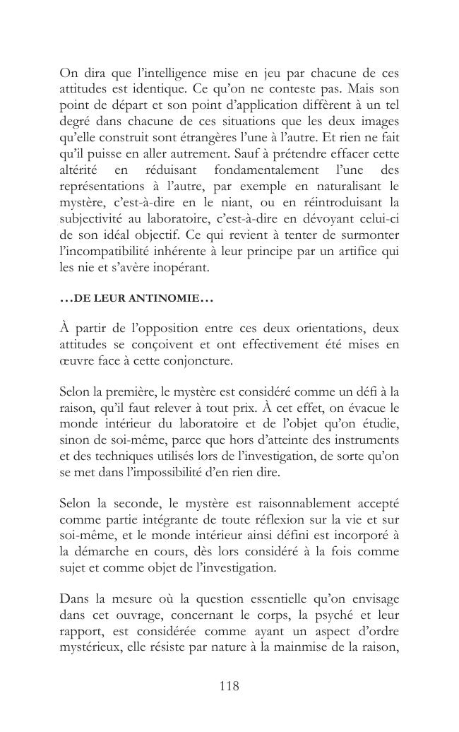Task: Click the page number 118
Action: click(229, 685)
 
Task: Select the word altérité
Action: click(81, 170)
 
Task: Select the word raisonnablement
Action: click(280, 504)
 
